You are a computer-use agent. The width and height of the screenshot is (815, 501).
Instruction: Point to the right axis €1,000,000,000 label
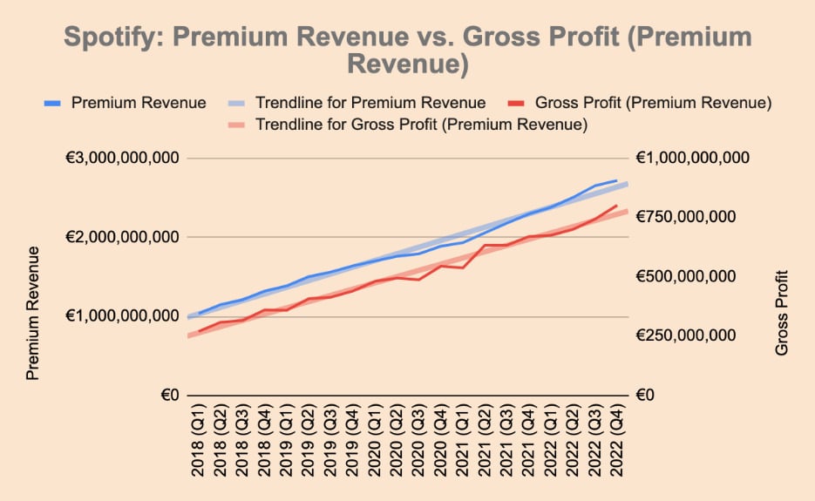[693, 159]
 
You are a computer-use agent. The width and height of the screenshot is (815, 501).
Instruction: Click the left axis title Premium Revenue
[33, 313]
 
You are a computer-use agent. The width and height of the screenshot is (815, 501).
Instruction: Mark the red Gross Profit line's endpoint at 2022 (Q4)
[617, 206]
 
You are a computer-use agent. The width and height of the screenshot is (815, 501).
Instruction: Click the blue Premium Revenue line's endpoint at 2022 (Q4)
[617, 181]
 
